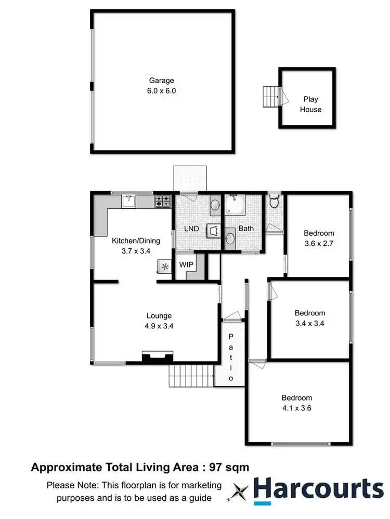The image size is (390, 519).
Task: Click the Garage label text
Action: coord(162,81)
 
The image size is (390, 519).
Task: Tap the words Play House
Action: coord(310,104)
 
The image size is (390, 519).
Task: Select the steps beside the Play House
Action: coord(270,97)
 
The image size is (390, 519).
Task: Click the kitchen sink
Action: coord(128,200)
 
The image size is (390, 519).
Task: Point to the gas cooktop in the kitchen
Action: coord(163,200)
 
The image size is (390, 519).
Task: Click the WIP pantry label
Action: coord(186,264)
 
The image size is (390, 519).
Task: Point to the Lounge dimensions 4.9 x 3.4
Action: coord(159,326)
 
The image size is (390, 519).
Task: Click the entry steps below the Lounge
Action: coord(191,376)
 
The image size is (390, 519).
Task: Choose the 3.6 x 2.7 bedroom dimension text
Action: coord(319,243)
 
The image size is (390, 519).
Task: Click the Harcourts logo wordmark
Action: coord(319,489)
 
